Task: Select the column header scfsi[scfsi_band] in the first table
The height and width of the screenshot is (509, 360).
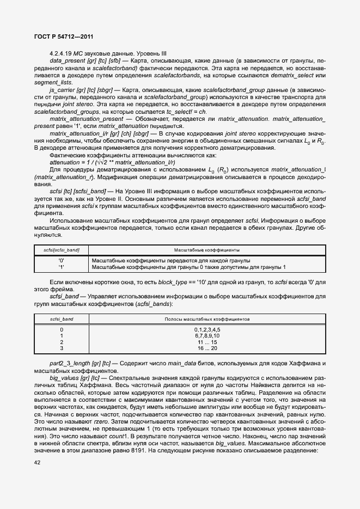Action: (62, 250)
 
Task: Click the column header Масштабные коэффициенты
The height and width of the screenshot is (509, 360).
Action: (207, 250)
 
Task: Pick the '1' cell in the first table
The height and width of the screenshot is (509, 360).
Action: (62, 267)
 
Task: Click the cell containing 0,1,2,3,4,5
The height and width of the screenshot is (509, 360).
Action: (207, 330)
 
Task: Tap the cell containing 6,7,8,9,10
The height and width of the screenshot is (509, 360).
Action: (207, 336)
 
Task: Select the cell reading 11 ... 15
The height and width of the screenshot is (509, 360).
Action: (207, 342)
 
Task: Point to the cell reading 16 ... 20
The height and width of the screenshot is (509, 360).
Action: (207, 348)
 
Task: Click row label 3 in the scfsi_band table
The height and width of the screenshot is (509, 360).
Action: (62, 348)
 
